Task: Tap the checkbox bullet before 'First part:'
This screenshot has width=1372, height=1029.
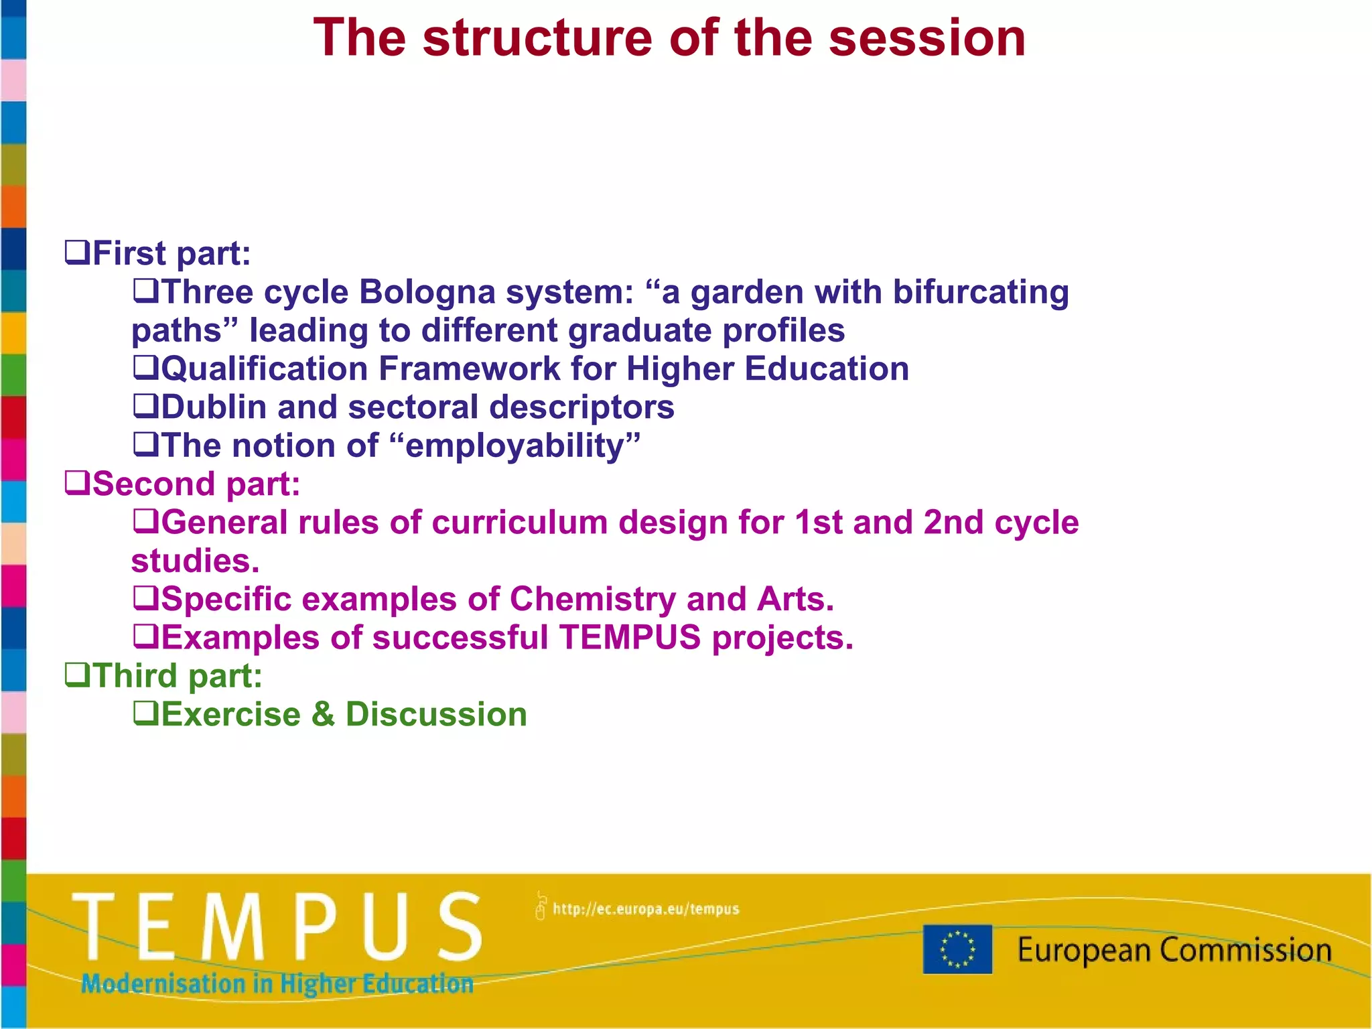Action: pyautogui.click(x=77, y=253)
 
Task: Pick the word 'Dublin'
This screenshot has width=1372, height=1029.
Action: pyautogui.click(x=214, y=407)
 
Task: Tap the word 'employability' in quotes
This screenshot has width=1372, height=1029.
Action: pyautogui.click(x=515, y=446)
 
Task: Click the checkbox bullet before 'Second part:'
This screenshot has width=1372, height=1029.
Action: pyautogui.click(x=77, y=484)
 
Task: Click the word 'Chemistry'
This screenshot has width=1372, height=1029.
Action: pyautogui.click(x=593, y=599)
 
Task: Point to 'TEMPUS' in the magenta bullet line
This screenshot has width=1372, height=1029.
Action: pyautogui.click(x=630, y=637)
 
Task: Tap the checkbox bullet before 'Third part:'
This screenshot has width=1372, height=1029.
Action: pyautogui.click(x=77, y=675)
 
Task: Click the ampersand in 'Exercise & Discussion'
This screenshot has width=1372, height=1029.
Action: pyautogui.click(x=323, y=714)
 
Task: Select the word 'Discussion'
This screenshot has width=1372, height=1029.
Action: pyautogui.click(x=436, y=714)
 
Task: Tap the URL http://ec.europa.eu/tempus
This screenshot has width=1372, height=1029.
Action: pyautogui.click(x=645, y=909)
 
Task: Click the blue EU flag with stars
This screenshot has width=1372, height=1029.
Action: pyautogui.click(x=957, y=949)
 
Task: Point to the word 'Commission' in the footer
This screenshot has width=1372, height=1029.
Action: pyautogui.click(x=1245, y=950)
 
